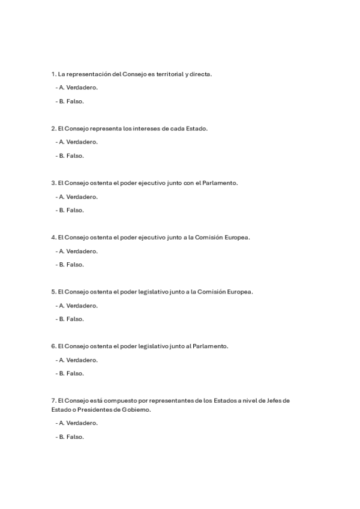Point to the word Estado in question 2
[196, 128]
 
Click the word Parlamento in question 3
[220, 183]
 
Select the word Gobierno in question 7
[137, 409]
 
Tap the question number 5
[53, 292]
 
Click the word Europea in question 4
[237, 237]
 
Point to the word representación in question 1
[93, 74]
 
